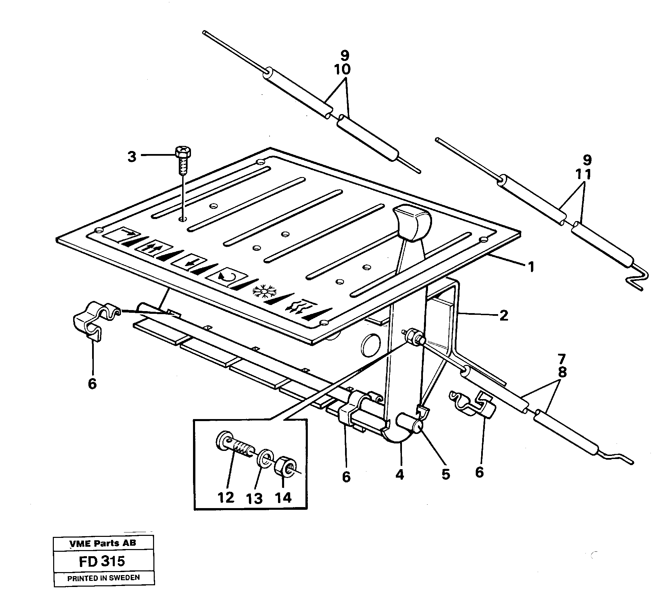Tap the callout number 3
(x=132, y=157)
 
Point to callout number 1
(x=531, y=267)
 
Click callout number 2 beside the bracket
(x=504, y=315)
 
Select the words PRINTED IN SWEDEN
(x=103, y=577)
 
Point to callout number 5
(x=446, y=475)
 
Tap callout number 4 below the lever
(x=400, y=475)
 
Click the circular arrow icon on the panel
(x=225, y=276)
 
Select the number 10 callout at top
(x=342, y=69)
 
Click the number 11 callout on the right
(x=583, y=174)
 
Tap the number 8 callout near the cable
(x=562, y=372)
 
